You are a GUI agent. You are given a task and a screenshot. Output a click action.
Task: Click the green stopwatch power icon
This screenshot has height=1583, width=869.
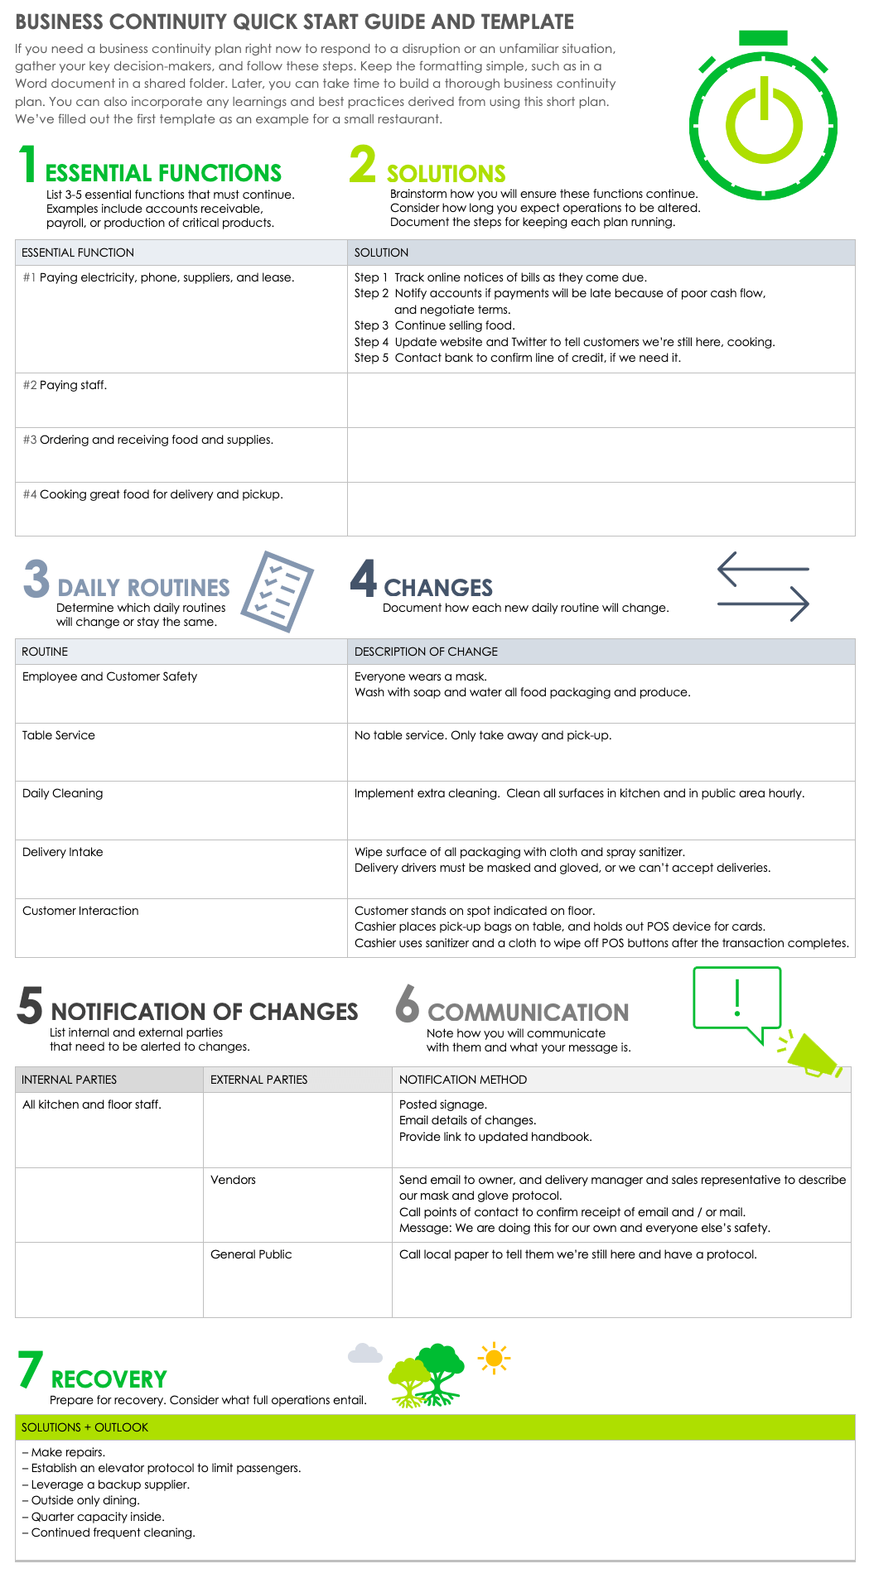(x=763, y=121)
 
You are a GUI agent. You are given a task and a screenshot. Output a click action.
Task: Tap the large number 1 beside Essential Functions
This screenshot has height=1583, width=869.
(x=29, y=164)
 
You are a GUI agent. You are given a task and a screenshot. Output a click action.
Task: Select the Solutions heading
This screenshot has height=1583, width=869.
(x=446, y=174)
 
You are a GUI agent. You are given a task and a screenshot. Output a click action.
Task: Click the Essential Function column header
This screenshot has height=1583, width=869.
(x=78, y=253)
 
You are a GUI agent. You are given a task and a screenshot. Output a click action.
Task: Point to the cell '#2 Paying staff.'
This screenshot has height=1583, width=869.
(x=73, y=385)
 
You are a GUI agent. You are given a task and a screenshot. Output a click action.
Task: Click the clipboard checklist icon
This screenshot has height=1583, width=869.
(x=278, y=591)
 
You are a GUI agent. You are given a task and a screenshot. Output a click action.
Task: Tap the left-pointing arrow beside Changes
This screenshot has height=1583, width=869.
(x=762, y=570)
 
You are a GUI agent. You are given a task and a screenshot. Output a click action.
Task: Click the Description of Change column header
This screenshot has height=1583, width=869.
(x=426, y=652)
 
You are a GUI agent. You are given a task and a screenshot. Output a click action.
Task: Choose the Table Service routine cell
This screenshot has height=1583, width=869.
(x=59, y=735)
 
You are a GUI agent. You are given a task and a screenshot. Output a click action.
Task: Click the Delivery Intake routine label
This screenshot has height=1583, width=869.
(x=63, y=852)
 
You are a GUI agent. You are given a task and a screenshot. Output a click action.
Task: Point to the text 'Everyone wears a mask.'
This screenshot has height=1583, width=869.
(x=421, y=676)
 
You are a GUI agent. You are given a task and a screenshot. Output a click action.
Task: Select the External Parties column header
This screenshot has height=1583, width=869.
(x=258, y=1080)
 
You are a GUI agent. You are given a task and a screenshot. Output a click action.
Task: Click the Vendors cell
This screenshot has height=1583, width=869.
(x=233, y=1180)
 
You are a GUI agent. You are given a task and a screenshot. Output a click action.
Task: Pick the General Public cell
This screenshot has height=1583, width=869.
(x=251, y=1254)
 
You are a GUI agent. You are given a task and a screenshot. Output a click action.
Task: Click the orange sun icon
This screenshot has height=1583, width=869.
(x=494, y=1358)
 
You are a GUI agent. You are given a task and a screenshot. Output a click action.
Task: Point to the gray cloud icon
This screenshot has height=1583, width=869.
(x=364, y=1354)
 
